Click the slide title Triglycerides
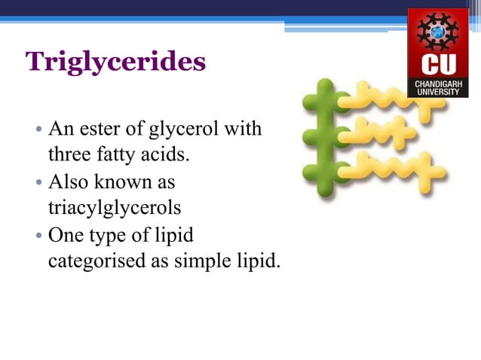click(x=115, y=62)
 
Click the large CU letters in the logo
click(x=437, y=63)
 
